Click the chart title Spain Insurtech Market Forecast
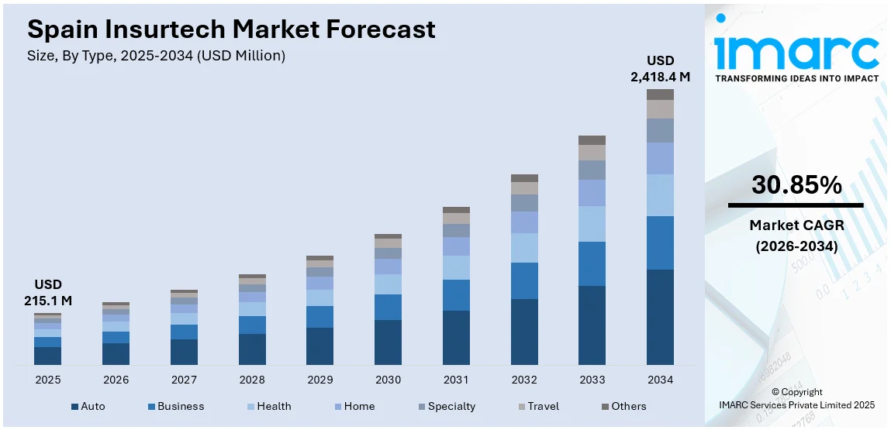(231, 29)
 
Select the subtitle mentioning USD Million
(156, 56)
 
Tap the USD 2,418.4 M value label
(660, 68)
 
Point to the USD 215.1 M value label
(47, 292)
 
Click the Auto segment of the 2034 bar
(660, 317)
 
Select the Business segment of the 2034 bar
(660, 243)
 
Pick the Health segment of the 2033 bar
(592, 224)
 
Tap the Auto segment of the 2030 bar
(388, 342)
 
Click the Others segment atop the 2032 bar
(524, 178)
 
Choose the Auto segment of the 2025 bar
(47, 356)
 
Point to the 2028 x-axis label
(252, 380)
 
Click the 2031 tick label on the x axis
(456, 380)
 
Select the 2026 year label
(116, 380)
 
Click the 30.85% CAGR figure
(796, 185)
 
